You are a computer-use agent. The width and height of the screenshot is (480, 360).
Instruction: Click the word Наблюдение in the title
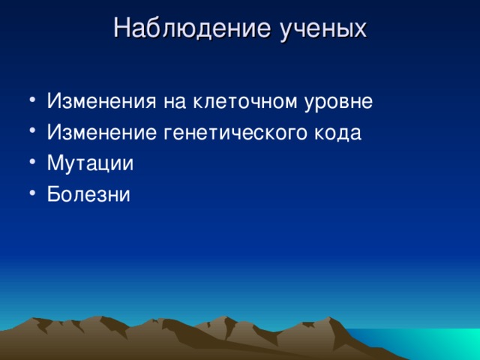pyautogui.click(x=192, y=28)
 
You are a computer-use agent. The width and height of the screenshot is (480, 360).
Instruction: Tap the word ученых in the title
pyautogui.click(x=323, y=31)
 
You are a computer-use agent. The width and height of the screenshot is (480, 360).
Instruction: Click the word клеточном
pyautogui.click(x=244, y=101)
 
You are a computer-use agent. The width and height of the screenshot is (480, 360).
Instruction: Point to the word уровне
pyautogui.click(x=339, y=103)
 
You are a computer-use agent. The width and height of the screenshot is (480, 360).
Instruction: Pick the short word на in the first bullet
pyautogui.click(x=175, y=103)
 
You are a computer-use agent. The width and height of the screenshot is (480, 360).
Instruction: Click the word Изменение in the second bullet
pyautogui.click(x=102, y=132)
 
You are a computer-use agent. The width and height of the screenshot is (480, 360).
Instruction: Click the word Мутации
pyautogui.click(x=90, y=163)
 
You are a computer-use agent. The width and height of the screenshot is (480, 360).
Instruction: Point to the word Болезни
pyautogui.click(x=88, y=194)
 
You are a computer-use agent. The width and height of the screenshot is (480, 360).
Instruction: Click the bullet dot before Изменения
pyautogui.click(x=33, y=100)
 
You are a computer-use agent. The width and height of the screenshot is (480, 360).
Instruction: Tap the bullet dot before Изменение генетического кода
pyautogui.click(x=33, y=130)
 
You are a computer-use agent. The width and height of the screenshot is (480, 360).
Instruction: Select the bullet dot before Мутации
pyautogui.click(x=33, y=162)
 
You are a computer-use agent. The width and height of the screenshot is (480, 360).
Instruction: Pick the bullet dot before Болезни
pyautogui.click(x=33, y=193)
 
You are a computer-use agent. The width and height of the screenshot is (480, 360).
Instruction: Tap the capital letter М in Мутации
pyautogui.click(x=55, y=163)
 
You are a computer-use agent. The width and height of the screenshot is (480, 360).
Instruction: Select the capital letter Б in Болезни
pyautogui.click(x=53, y=193)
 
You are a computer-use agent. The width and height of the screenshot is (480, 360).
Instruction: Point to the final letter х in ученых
pyautogui.click(x=360, y=31)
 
